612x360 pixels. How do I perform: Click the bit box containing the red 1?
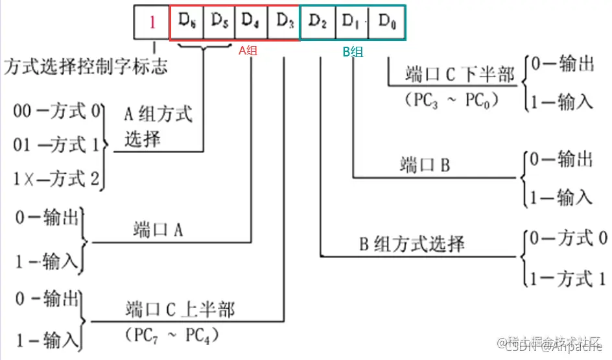(152, 23)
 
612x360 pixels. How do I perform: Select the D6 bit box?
(187, 23)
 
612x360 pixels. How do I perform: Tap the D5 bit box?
(219, 23)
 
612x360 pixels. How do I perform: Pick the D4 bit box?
(251, 23)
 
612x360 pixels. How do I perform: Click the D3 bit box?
(284, 23)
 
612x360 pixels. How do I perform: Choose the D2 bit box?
(318, 23)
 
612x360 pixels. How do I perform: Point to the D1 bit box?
(352, 23)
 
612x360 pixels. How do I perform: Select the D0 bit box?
(387, 23)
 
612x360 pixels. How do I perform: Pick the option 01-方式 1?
(57, 144)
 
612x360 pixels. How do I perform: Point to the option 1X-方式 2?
(57, 178)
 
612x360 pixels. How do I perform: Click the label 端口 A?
(160, 230)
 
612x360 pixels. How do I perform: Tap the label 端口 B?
(424, 164)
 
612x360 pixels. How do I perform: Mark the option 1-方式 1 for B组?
(568, 279)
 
